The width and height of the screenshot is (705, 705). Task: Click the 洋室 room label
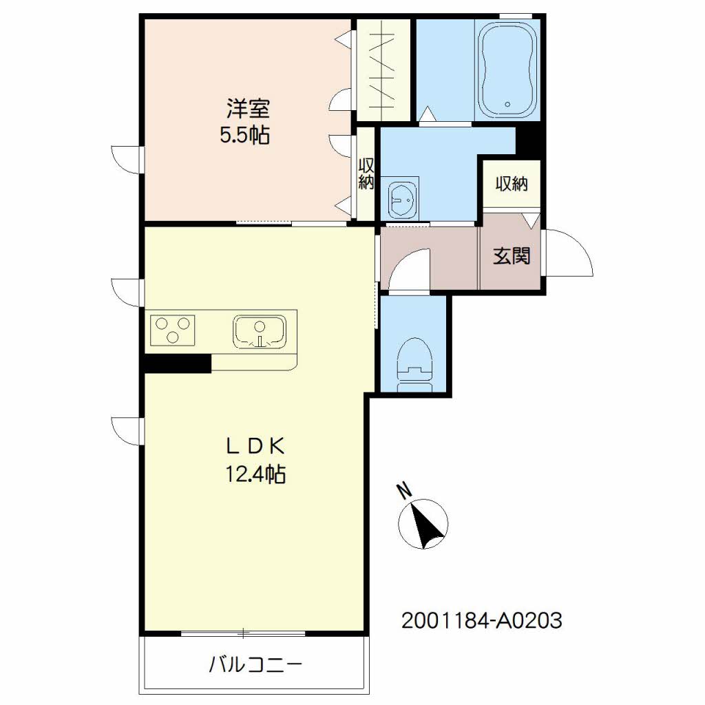pyautogui.click(x=248, y=109)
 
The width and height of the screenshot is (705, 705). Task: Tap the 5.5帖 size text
pyautogui.click(x=245, y=134)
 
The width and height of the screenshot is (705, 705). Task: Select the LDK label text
pyautogui.click(x=255, y=446)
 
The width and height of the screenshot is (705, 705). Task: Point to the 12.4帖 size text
pyautogui.click(x=255, y=474)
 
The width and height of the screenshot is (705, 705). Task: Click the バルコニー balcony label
pyautogui.click(x=255, y=664)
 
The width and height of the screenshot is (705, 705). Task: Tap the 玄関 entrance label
pyautogui.click(x=512, y=256)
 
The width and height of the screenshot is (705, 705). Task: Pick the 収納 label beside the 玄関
pyautogui.click(x=512, y=184)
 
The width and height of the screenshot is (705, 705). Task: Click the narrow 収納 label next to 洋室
pyautogui.click(x=366, y=174)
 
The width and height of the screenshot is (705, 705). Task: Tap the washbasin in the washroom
pyautogui.click(x=403, y=200)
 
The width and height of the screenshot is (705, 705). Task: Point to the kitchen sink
pyautogui.click(x=260, y=331)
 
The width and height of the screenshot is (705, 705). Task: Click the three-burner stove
pyautogui.click(x=173, y=330)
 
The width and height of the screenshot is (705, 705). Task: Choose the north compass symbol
pyautogui.click(x=423, y=524)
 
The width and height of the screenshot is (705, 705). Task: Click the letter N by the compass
pyautogui.click(x=405, y=490)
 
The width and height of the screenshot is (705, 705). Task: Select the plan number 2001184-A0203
pyautogui.click(x=481, y=621)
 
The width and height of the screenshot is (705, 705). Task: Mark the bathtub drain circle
pyautogui.click(x=507, y=105)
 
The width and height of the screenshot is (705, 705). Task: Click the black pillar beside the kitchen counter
pyautogui.click(x=178, y=364)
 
